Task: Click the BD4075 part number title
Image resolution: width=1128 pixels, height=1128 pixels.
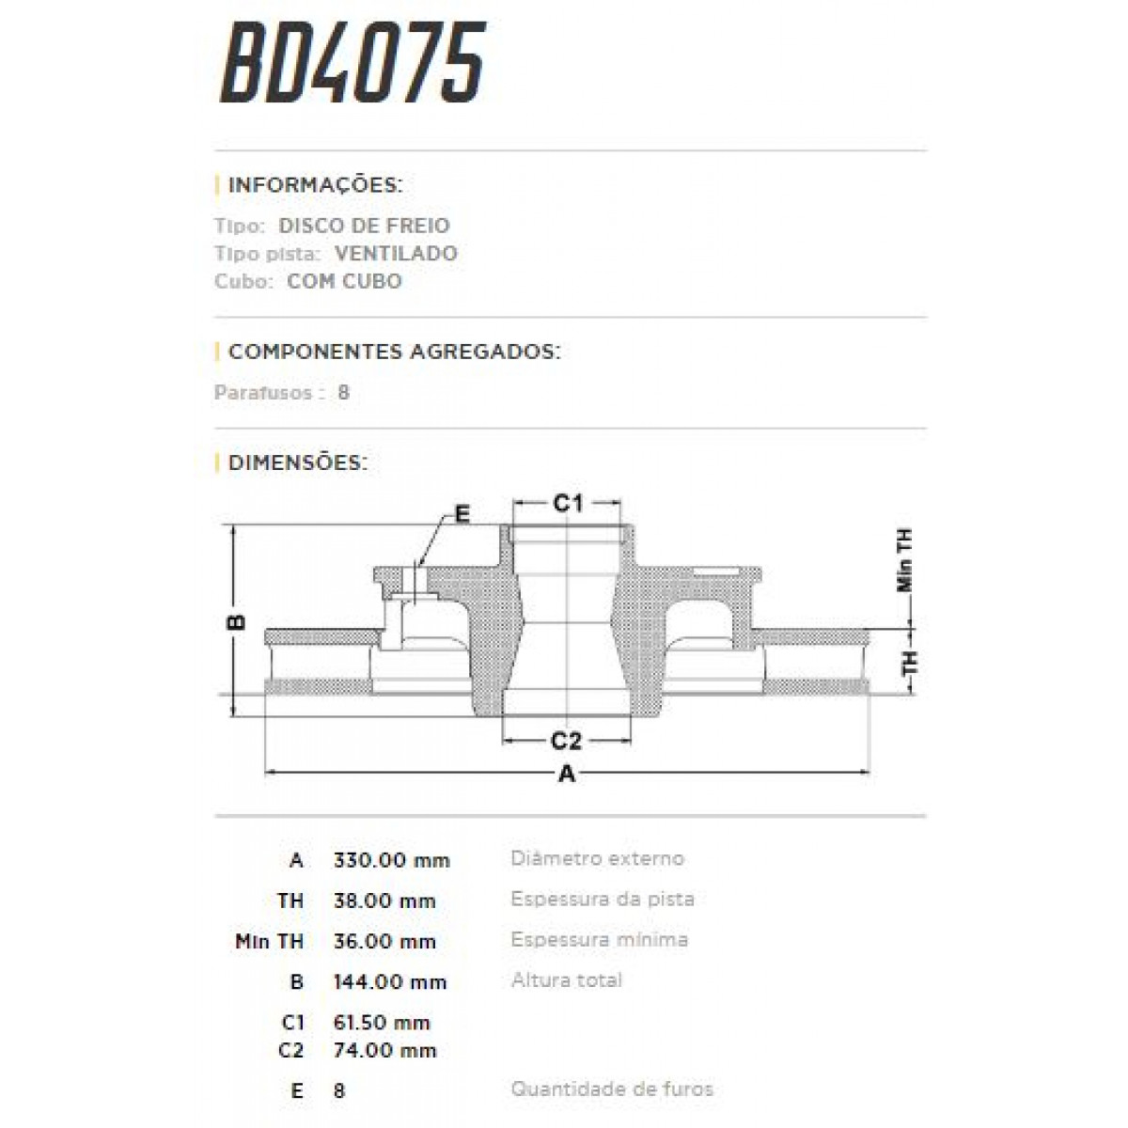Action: coord(352,63)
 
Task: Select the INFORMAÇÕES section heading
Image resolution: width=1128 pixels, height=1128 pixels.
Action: coord(315,184)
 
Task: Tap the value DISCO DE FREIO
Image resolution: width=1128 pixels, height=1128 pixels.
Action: coord(364,226)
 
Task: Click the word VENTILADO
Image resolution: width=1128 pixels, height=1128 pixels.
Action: coord(396,254)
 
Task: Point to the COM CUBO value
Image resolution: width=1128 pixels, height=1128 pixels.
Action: coord(344,281)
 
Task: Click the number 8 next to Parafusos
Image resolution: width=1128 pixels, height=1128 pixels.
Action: coord(344,393)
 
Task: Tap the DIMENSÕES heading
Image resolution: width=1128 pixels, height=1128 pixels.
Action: coord(297,462)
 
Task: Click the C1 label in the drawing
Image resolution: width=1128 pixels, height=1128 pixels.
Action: coord(567,504)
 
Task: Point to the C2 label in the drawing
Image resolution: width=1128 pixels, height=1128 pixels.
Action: coord(566,742)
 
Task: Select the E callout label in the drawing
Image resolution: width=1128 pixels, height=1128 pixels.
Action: coord(462,513)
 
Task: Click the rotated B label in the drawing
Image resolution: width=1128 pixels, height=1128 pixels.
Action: coord(238,621)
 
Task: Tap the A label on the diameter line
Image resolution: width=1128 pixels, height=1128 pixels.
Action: coord(567,775)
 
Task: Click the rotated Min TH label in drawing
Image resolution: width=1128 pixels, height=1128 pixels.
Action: coord(905,560)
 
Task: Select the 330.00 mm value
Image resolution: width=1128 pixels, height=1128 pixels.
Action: coord(391,860)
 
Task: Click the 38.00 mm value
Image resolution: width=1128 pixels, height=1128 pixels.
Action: coord(384,901)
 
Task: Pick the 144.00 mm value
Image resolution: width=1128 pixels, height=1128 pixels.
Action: coord(390,982)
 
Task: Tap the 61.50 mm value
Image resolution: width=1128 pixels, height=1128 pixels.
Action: coord(382,1023)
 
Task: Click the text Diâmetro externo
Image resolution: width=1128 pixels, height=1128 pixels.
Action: coord(597,858)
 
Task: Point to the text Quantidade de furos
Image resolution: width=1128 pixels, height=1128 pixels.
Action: coord(612,1089)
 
